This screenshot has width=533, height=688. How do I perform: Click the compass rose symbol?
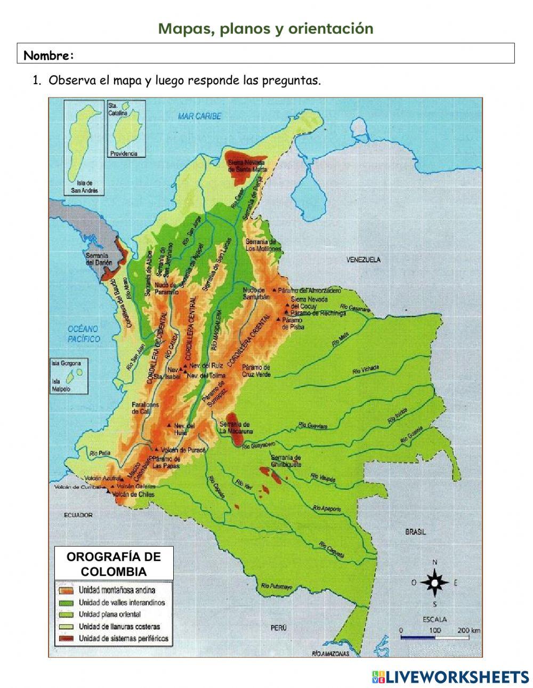[435, 582]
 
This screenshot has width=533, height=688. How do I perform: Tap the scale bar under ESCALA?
[434, 637]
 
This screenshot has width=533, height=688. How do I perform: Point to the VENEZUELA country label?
[364, 260]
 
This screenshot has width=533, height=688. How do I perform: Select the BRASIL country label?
[415, 532]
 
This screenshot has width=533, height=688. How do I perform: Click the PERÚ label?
[278, 628]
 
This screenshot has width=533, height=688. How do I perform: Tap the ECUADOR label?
[78, 515]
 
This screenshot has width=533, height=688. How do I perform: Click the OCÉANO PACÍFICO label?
[84, 334]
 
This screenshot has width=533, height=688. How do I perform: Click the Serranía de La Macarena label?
[236, 427]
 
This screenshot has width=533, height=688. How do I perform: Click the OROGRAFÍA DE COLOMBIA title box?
[114, 564]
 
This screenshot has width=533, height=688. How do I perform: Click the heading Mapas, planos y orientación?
[265, 28]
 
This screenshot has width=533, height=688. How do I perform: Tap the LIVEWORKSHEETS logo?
[450, 677]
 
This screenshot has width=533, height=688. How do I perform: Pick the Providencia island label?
[124, 153]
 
